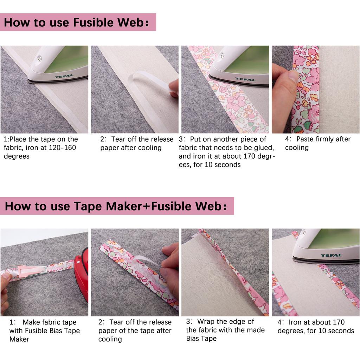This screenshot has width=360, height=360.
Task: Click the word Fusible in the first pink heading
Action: coord(93,22)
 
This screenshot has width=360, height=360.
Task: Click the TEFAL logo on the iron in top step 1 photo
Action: coord(64,76)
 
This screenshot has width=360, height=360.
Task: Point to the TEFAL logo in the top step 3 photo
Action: coord(245,79)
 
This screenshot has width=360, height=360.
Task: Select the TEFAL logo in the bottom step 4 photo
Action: coord(331,255)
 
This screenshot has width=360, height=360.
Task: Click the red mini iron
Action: coord(82,274)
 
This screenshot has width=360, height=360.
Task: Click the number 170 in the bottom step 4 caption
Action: coord(338,322)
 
